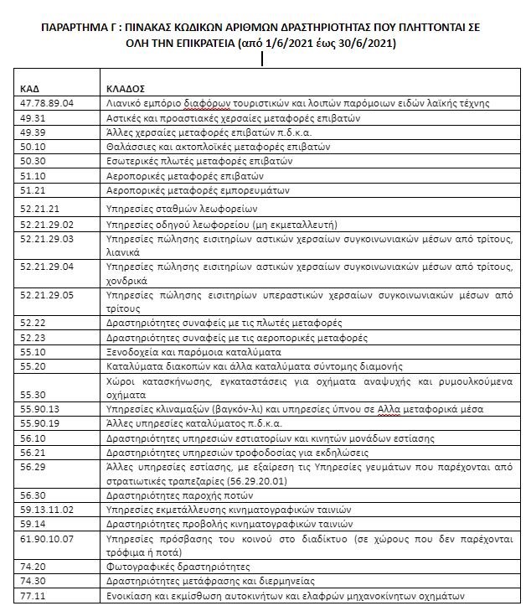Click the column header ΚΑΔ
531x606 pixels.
pyautogui.click(x=30, y=86)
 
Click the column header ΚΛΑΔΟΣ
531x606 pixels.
pyautogui.click(x=126, y=86)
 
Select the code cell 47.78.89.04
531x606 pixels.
pyautogui.click(x=48, y=103)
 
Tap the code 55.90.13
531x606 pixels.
pyautogui.click(x=41, y=408)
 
